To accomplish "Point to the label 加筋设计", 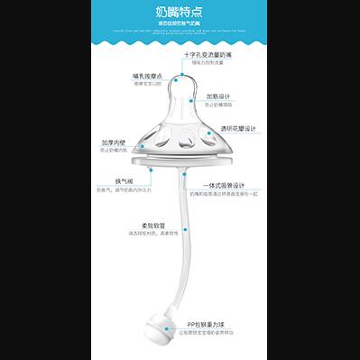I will tap(219, 96).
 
